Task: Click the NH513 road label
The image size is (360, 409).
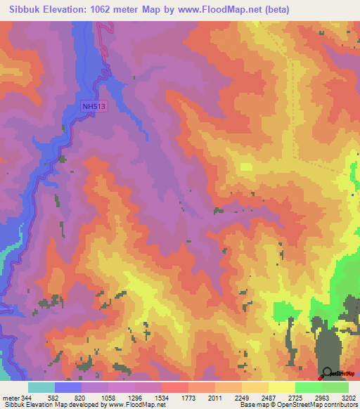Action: click(94, 106)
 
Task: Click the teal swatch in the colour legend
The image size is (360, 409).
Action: click(41, 387)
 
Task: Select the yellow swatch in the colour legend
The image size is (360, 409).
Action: click(282, 387)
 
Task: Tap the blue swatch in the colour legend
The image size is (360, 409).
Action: click(68, 387)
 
